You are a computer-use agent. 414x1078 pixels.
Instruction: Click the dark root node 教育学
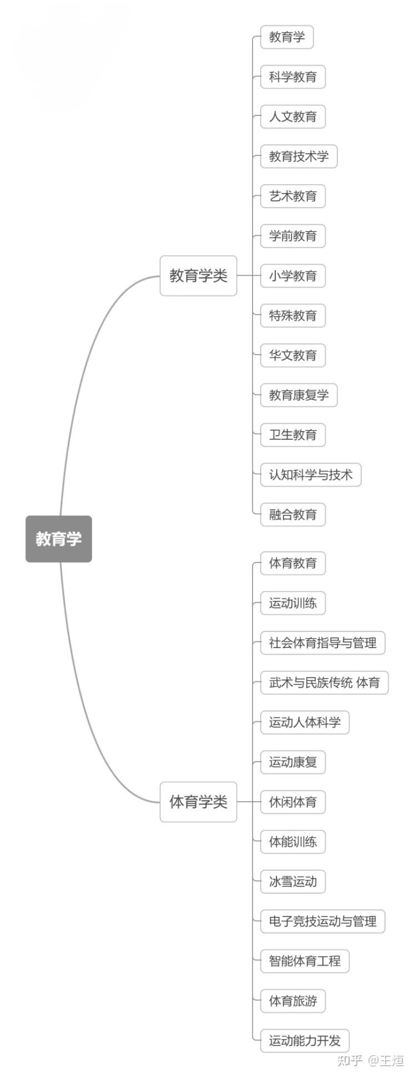point(59,539)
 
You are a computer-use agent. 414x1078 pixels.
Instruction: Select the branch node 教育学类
point(198,276)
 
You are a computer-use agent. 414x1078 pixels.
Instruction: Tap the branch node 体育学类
point(198,802)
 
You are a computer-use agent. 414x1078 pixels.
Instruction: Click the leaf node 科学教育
point(293,77)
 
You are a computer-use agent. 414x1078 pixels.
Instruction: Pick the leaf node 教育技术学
point(299,156)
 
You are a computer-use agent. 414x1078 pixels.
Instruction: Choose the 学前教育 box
point(293,236)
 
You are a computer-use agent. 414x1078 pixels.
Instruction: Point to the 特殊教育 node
point(293,316)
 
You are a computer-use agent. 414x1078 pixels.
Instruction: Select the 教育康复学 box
point(299,395)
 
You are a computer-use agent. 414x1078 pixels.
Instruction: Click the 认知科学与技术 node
point(311,475)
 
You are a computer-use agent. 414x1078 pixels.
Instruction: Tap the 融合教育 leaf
point(293,514)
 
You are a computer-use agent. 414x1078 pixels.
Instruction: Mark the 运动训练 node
point(293,603)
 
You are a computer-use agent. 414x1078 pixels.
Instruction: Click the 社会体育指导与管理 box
point(323,643)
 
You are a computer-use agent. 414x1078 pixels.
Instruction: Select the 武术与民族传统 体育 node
point(325,682)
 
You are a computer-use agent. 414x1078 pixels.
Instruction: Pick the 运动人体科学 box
point(305,722)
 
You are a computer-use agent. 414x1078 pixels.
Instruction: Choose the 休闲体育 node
point(293,802)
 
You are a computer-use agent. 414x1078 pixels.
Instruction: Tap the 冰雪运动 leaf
point(293,882)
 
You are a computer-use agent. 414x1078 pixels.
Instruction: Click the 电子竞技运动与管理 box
point(323,922)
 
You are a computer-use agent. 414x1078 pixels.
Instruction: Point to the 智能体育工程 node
point(305,961)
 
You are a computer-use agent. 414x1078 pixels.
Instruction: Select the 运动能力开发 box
point(305,1041)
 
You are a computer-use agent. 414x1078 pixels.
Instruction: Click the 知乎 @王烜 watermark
point(370,1060)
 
